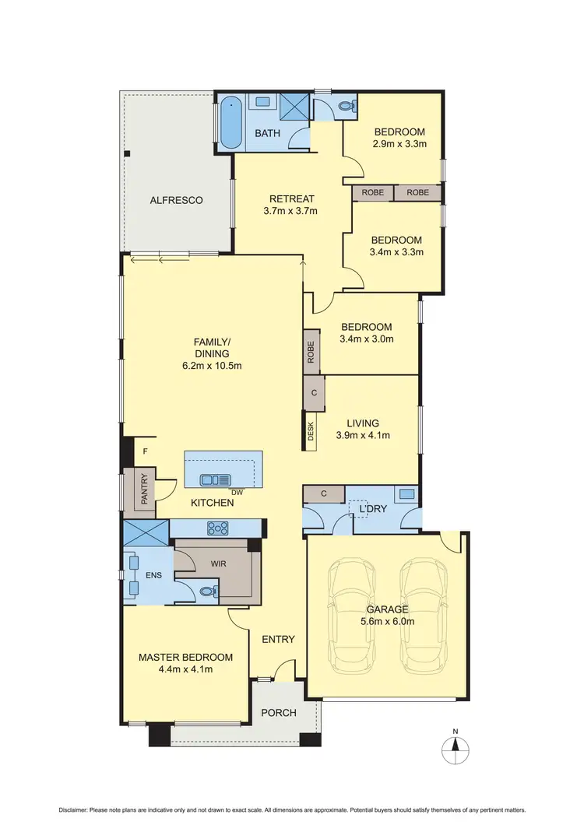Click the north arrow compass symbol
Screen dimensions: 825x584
[x=456, y=750]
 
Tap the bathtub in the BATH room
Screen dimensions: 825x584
[x=229, y=121]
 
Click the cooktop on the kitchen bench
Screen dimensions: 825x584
[x=216, y=528]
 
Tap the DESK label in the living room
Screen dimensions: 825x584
[x=311, y=433]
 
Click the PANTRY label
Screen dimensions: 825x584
[x=144, y=491]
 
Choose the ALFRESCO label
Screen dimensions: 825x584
[x=176, y=200]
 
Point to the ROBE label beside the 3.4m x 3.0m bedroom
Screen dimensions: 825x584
[x=311, y=353]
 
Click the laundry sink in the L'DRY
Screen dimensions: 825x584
[x=406, y=493]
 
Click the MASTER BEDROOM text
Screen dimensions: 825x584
[x=185, y=657]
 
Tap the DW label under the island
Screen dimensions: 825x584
[x=237, y=492]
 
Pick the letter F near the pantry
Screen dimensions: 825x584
[x=144, y=451]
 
